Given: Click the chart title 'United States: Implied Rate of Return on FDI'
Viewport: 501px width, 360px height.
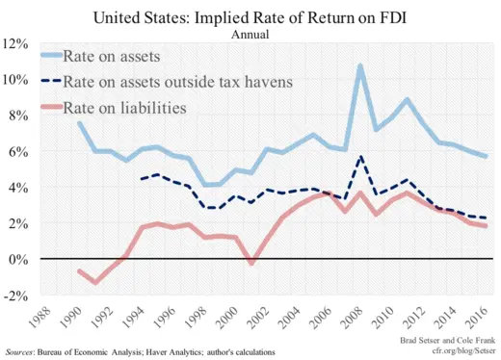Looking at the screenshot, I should click(250, 16).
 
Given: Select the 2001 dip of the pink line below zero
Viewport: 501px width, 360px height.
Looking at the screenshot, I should click(251, 263).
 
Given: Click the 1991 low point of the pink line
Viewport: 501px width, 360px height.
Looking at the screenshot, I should click(95, 282).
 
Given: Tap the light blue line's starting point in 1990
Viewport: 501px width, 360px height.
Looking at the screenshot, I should click(79, 123).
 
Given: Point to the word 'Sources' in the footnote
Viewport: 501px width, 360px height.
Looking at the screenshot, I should click(23, 352).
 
